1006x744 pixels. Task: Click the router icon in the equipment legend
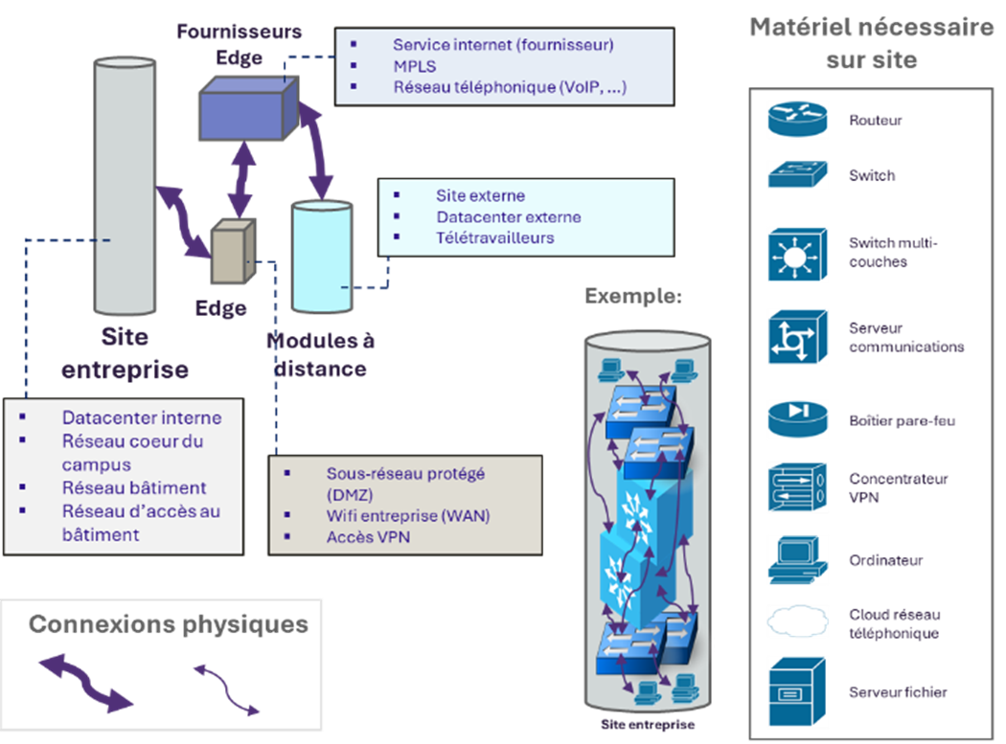(x=797, y=121)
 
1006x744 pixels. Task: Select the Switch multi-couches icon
(x=797, y=254)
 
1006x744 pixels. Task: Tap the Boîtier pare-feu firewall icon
(x=797, y=419)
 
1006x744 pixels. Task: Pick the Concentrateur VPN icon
(x=797, y=487)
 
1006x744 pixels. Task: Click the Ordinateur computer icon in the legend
(x=797, y=560)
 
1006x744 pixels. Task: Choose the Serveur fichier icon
(x=797, y=692)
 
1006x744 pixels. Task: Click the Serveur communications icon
(x=797, y=337)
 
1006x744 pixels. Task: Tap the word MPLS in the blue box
(x=413, y=66)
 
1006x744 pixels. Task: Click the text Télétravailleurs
(x=494, y=237)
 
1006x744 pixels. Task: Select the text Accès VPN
(x=368, y=537)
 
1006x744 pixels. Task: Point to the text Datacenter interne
(x=142, y=417)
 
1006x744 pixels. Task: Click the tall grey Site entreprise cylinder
(x=126, y=192)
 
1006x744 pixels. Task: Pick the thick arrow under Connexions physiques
(x=85, y=683)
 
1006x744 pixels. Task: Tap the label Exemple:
(x=633, y=296)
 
